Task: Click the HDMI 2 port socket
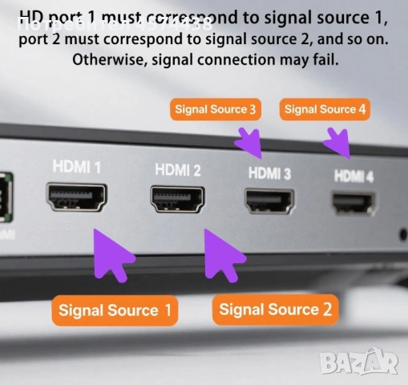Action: click(x=178, y=200)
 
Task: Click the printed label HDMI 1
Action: click(x=77, y=168)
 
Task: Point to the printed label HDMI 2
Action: click(x=178, y=170)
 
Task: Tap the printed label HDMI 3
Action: click(x=270, y=172)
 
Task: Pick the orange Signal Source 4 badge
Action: click(x=325, y=109)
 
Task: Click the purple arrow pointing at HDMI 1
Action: click(x=113, y=253)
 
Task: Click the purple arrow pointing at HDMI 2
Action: click(x=225, y=253)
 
